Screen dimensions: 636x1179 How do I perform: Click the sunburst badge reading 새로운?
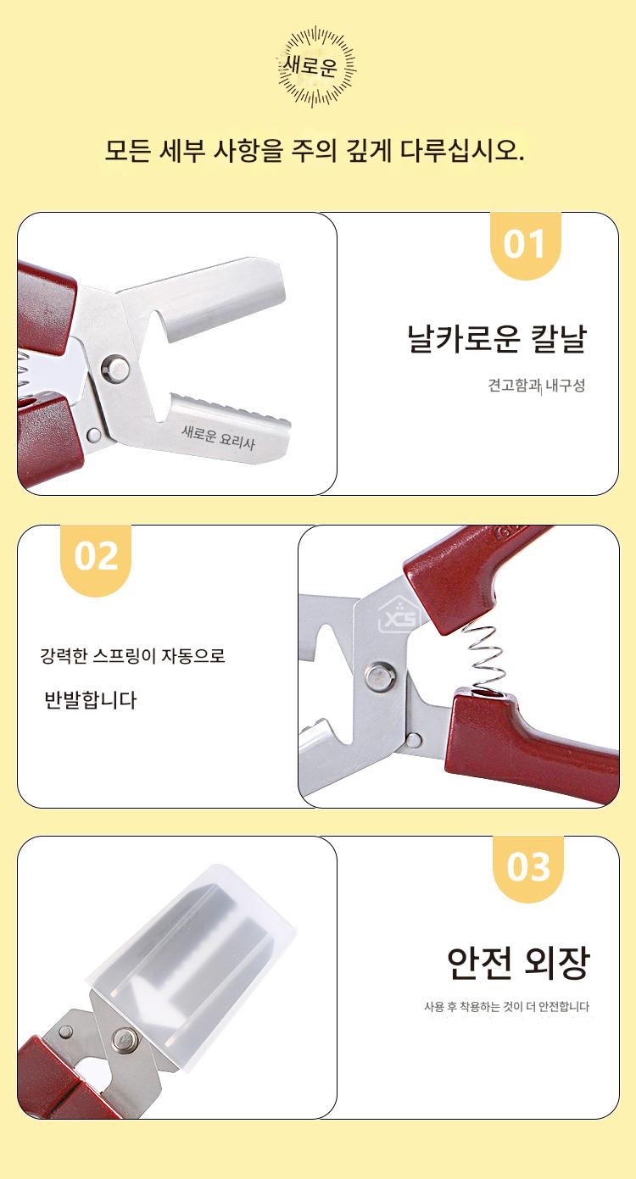coord(316,66)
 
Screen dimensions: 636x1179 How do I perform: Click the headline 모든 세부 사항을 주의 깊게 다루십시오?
coord(315,151)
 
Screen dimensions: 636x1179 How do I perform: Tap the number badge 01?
coord(525,245)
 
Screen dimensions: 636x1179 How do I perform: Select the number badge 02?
coord(96,558)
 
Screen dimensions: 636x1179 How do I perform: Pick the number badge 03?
coord(528,867)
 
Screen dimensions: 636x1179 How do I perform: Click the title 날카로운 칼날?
coord(496,338)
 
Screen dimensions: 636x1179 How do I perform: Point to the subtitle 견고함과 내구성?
coord(536,386)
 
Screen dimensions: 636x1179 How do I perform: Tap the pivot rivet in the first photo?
coord(116,367)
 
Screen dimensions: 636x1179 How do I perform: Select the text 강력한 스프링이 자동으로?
coord(132,656)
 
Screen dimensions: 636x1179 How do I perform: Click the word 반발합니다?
coord(90,700)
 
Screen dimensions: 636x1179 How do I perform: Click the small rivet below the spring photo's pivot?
coord(413,739)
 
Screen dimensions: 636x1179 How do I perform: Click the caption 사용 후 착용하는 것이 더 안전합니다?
coord(506,1007)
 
